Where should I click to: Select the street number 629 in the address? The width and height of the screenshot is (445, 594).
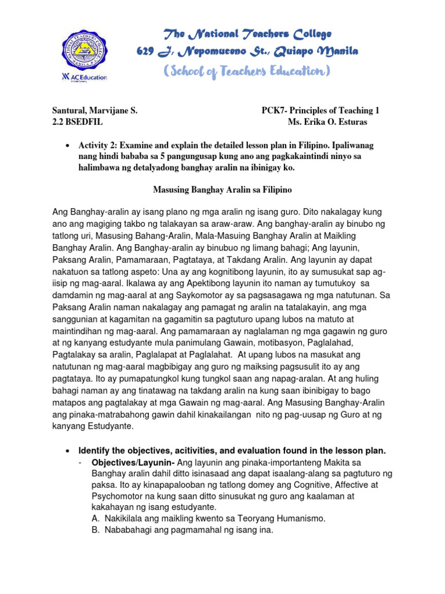[x=144, y=52]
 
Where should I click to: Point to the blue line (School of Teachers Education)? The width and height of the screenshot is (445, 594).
[x=247, y=71]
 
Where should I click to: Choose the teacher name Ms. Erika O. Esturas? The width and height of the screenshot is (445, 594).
[x=327, y=122]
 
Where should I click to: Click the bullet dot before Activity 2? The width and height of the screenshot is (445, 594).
[x=69, y=146]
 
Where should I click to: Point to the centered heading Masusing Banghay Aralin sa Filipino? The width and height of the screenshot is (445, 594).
[x=222, y=189]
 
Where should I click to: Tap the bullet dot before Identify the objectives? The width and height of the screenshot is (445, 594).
[x=69, y=451]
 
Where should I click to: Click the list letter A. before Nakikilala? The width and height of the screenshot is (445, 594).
[x=96, y=518]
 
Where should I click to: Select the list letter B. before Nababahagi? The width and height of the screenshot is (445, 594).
[x=96, y=530]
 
